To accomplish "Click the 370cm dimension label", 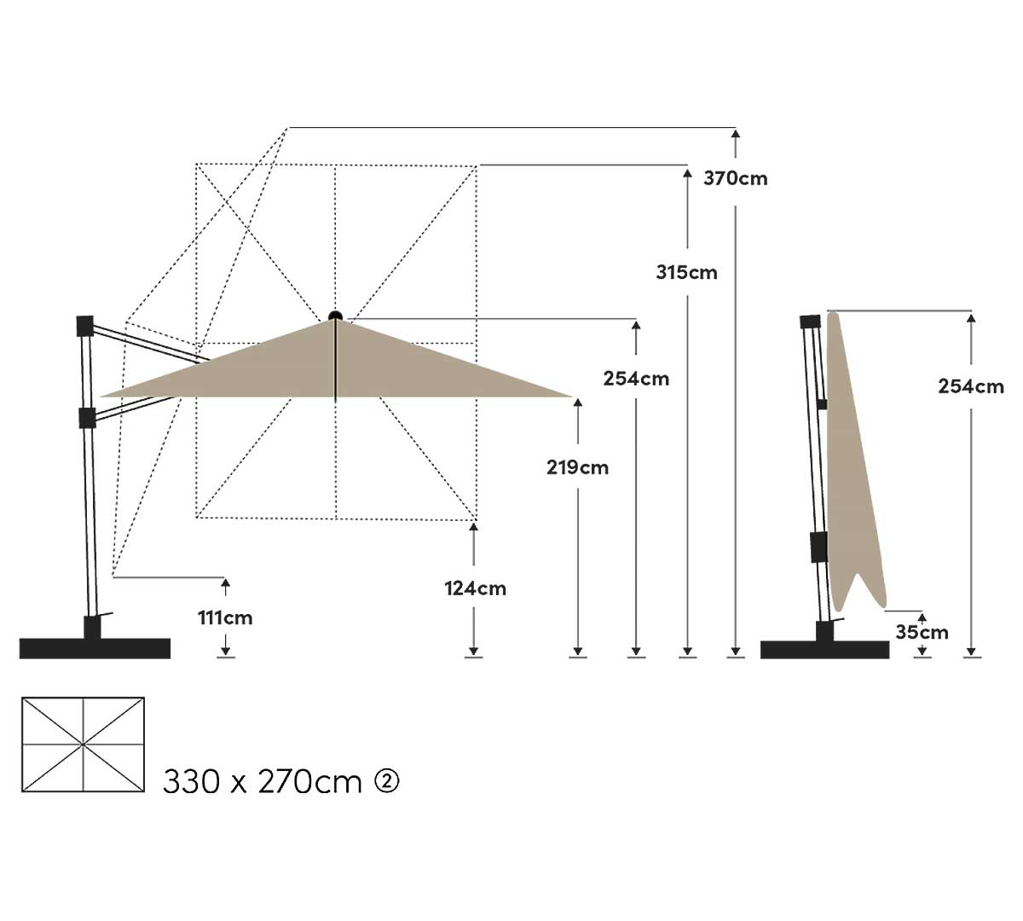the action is click(x=736, y=178).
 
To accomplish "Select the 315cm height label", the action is click(x=687, y=273).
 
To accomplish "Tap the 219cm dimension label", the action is click(x=578, y=467).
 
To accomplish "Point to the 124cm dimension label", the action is click(x=476, y=588).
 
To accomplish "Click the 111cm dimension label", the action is click(x=225, y=618).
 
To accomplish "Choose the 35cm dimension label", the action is click(x=922, y=632).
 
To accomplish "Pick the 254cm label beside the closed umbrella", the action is click(x=971, y=386).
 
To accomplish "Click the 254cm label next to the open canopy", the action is click(x=636, y=379).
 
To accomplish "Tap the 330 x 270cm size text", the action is click(x=262, y=781).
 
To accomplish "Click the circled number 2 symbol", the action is click(x=387, y=780).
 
